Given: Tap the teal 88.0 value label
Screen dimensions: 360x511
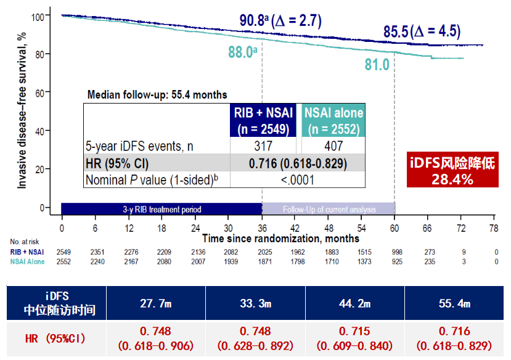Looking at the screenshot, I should click(242, 52).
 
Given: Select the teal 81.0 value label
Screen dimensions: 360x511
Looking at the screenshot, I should click(377, 64).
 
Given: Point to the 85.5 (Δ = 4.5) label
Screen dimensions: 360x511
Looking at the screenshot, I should click(422, 31).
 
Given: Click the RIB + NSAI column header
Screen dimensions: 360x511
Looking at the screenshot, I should click(263, 120).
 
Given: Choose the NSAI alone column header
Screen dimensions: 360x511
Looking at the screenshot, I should click(333, 120).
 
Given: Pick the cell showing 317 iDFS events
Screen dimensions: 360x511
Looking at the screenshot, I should click(263, 146).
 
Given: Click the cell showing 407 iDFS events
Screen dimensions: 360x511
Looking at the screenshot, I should click(333, 146).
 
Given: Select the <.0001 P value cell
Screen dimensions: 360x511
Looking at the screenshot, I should click(298, 180).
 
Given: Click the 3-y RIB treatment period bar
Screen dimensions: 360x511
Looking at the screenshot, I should click(161, 209).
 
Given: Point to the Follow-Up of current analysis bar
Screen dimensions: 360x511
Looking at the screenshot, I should click(328, 209).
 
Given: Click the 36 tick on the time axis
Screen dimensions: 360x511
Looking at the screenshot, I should click(262, 228).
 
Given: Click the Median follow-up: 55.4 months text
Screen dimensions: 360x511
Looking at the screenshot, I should click(157, 95).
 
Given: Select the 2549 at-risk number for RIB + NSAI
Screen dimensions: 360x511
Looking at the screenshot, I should click(62, 252).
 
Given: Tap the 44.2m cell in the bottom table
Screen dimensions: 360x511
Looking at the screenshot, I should click(354, 304).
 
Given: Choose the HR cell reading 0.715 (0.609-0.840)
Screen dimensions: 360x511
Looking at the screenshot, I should click(354, 338).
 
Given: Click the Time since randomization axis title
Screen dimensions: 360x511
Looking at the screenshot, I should click(280, 238).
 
